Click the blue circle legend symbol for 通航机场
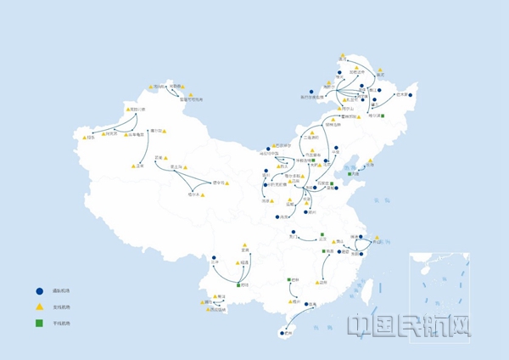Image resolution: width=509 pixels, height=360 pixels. tap(39, 290)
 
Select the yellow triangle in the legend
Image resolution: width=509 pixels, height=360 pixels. tap(39, 307)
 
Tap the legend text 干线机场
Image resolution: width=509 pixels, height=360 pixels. tap(59, 323)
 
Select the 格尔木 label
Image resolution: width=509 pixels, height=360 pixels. tap(193, 194)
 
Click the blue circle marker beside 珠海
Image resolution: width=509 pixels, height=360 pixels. tap(304, 304)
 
